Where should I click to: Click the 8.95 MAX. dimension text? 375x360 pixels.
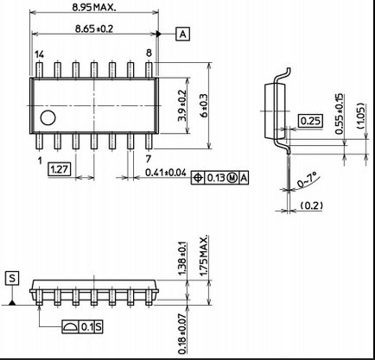pos(94,7)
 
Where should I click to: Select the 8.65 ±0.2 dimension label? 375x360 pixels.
pos(94,28)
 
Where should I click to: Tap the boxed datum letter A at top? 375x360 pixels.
pos(183,34)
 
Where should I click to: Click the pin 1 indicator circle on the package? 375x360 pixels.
pos(48,117)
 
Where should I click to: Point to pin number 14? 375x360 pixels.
pos(40,54)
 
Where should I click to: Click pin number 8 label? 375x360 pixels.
pos(149,53)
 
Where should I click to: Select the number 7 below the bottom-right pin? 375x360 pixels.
pos(149,159)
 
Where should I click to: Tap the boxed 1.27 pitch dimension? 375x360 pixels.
pos(59,169)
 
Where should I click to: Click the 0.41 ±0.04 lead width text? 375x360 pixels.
pos(166,173)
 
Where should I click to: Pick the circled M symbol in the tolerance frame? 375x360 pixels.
pos(232,178)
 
